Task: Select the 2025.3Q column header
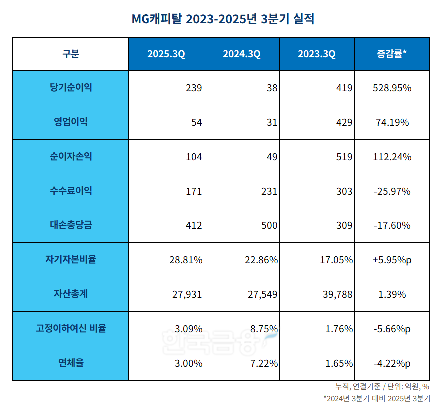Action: [166, 54]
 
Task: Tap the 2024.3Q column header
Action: [241, 54]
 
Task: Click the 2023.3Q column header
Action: [316, 54]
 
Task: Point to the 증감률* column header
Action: [392, 54]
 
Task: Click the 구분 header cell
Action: [71, 54]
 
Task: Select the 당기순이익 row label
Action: [71, 88]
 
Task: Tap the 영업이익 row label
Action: [71, 122]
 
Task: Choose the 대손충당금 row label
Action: [71, 225]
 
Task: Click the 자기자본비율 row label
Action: [71, 260]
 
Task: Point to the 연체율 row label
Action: [71, 363]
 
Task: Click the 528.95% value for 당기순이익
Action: [392, 88]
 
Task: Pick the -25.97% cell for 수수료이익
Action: [392, 192]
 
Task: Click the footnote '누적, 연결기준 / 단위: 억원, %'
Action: [382, 387]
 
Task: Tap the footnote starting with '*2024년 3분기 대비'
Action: [376, 398]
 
